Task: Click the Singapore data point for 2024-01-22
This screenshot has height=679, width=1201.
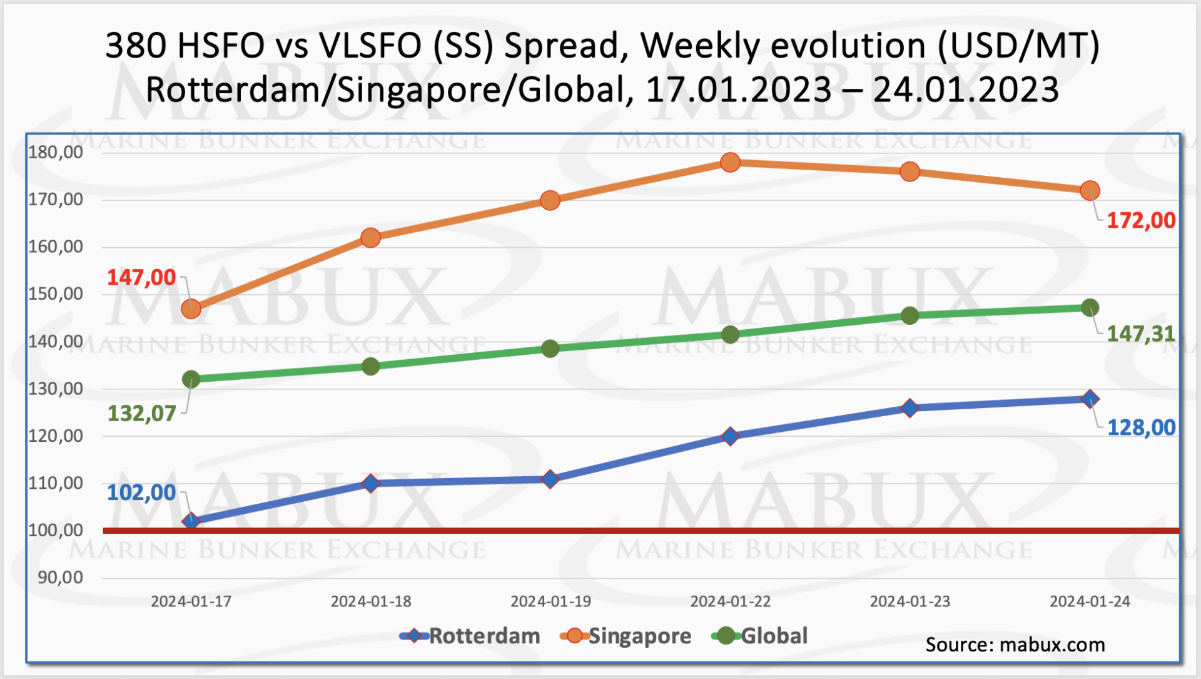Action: pyautogui.click(x=730, y=163)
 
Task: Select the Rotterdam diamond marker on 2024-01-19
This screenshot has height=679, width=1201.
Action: pyautogui.click(x=550, y=479)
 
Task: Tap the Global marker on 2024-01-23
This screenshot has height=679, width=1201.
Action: pyautogui.click(x=910, y=315)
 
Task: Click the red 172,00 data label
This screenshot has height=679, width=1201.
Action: pyautogui.click(x=1141, y=220)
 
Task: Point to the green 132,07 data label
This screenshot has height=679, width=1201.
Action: pyautogui.click(x=141, y=414)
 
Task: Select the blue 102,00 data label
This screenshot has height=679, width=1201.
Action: pyautogui.click(x=141, y=493)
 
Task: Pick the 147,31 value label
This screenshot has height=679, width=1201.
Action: pyautogui.click(x=1141, y=334)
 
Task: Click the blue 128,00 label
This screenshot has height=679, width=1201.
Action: pyautogui.click(x=1141, y=427)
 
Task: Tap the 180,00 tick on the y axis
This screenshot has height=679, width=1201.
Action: pyautogui.click(x=56, y=152)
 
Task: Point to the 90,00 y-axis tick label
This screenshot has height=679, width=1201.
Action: pyautogui.click(x=60, y=577)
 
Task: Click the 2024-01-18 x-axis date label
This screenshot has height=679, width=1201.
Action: pyautogui.click(x=371, y=601)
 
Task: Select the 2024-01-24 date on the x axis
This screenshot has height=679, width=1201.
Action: pyautogui.click(x=1090, y=601)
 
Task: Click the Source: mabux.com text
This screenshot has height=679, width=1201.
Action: pyautogui.click(x=1015, y=645)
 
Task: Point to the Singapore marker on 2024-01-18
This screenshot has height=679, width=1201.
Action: pyautogui.click(x=370, y=238)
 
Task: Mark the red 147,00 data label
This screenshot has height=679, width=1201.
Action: pyautogui.click(x=141, y=277)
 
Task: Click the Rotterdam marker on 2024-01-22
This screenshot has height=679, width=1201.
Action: pyautogui.click(x=730, y=436)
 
